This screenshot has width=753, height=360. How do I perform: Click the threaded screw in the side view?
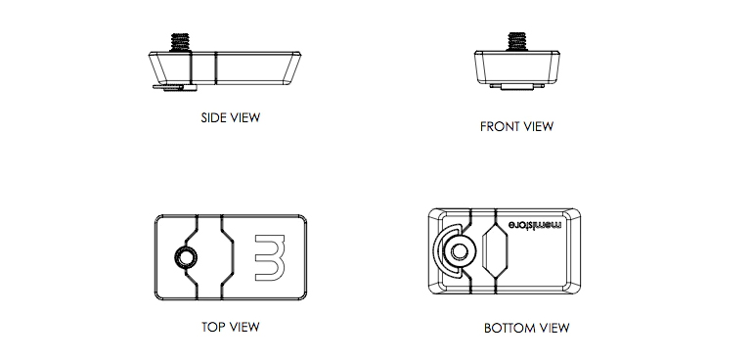[181, 42]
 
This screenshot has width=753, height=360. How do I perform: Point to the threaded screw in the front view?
[516, 41]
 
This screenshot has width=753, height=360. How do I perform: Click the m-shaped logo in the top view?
[270, 257]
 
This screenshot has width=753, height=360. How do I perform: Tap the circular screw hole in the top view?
[186, 257]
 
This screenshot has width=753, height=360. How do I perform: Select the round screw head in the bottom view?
[459, 250]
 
